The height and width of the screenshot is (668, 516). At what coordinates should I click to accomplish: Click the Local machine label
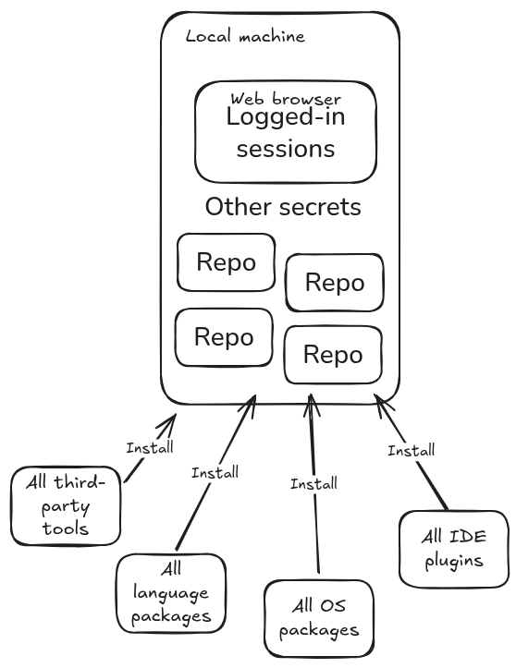(245, 37)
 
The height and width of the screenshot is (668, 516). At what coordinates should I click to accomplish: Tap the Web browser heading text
(285, 99)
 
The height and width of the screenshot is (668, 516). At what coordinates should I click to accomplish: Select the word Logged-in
(285, 117)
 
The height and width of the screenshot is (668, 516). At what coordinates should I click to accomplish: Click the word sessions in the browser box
(285, 148)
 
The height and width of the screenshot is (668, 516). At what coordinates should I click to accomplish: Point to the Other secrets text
(283, 207)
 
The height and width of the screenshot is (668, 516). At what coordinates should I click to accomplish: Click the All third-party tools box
(67, 505)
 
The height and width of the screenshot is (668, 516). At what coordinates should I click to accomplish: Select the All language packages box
(171, 592)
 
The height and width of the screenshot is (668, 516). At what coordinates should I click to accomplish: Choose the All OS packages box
(319, 618)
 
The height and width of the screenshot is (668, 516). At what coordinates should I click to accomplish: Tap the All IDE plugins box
(454, 549)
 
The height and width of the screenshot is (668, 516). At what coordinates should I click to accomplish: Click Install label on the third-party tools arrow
(150, 448)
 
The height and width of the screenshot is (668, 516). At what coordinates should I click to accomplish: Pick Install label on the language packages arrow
(215, 473)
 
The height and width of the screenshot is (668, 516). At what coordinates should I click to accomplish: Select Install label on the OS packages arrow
(313, 483)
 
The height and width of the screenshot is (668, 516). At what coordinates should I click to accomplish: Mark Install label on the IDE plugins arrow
(411, 451)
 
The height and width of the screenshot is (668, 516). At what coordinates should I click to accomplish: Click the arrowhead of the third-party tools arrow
(173, 418)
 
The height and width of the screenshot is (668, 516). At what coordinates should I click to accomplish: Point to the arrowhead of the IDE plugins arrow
(377, 397)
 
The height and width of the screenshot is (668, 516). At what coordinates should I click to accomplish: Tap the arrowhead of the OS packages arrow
(311, 397)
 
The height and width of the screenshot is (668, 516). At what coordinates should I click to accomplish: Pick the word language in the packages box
(171, 592)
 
